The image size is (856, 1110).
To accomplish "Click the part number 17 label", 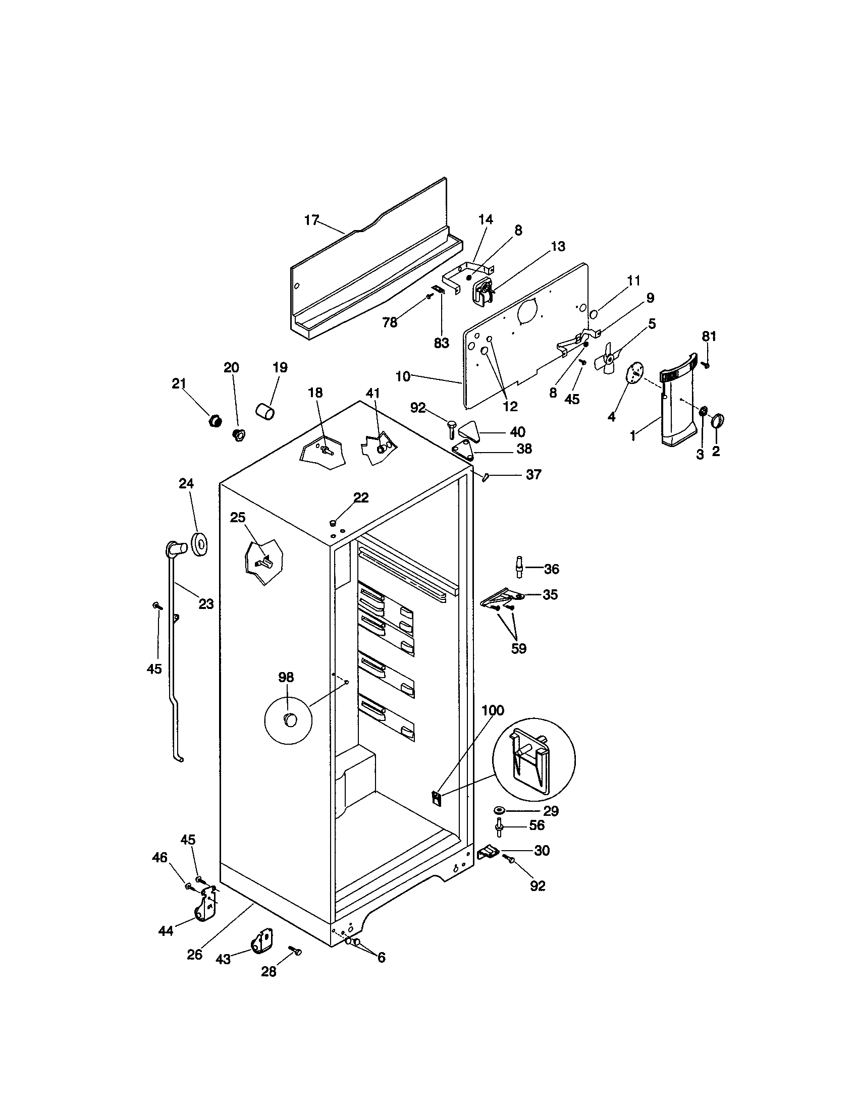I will [x=311, y=220].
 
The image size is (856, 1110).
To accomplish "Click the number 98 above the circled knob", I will [x=286, y=677].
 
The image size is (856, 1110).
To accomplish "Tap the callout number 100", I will [x=492, y=710].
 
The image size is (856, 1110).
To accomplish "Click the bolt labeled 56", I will [x=499, y=826].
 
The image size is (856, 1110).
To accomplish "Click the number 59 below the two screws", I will [x=518, y=648].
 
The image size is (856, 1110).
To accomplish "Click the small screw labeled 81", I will [x=706, y=364].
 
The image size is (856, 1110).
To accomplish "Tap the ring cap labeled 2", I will [x=717, y=421].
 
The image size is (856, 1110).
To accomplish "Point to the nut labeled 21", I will [x=216, y=420].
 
